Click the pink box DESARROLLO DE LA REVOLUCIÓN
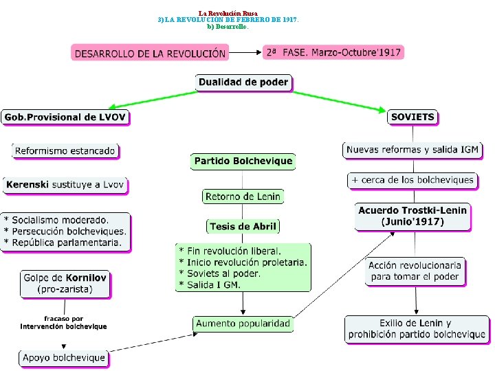click(x=150, y=52)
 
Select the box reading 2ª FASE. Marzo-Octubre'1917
click(x=333, y=52)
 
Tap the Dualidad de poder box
click(x=243, y=82)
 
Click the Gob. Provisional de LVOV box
click(x=65, y=117)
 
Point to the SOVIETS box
click(x=412, y=117)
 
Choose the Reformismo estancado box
click(x=65, y=150)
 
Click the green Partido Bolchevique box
click(x=243, y=161)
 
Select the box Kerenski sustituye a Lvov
click(x=66, y=185)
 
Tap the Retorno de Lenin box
click(x=243, y=196)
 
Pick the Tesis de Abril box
click(x=243, y=226)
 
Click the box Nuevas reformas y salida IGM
click(x=412, y=150)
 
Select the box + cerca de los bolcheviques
click(x=412, y=180)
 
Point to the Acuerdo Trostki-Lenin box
click(x=412, y=216)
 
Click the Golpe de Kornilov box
click(x=65, y=284)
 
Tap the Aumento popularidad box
click(x=243, y=323)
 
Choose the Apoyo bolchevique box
click(x=64, y=357)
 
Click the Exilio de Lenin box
click(x=415, y=329)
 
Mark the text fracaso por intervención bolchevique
click(x=64, y=322)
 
